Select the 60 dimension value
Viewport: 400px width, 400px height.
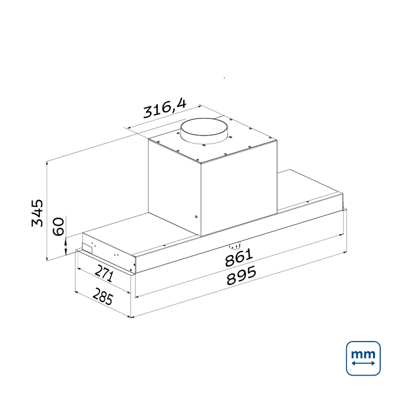tap(58, 226)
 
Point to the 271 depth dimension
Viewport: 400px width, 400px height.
tap(104, 273)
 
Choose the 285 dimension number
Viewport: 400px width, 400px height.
tap(102, 296)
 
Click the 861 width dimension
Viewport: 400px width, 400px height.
tap(239, 257)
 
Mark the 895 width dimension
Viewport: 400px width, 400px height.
tap(241, 275)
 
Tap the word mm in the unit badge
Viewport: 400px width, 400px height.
tap(363, 354)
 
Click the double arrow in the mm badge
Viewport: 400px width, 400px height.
tap(363, 363)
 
